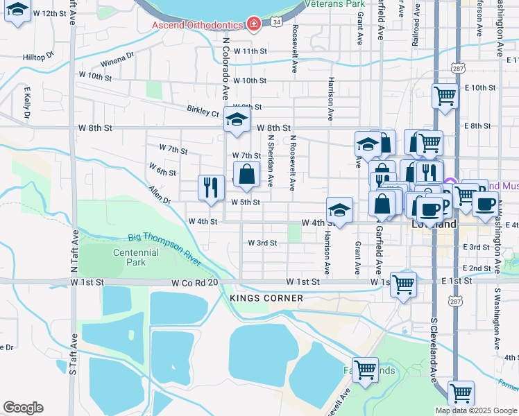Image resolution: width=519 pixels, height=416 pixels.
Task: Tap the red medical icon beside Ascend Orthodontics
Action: [x=254, y=25]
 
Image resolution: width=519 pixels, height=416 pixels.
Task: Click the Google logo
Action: [x=23, y=408]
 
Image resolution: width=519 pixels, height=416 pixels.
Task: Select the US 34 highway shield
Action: [x=277, y=23]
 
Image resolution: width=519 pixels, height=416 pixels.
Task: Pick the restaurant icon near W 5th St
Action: [x=210, y=187]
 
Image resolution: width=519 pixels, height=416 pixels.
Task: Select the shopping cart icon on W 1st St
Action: [x=403, y=284]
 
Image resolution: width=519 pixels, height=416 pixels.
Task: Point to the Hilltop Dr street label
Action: [x=38, y=57]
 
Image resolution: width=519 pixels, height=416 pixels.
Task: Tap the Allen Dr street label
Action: [x=159, y=195]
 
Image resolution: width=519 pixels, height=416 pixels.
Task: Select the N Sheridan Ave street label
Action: [x=270, y=160]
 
